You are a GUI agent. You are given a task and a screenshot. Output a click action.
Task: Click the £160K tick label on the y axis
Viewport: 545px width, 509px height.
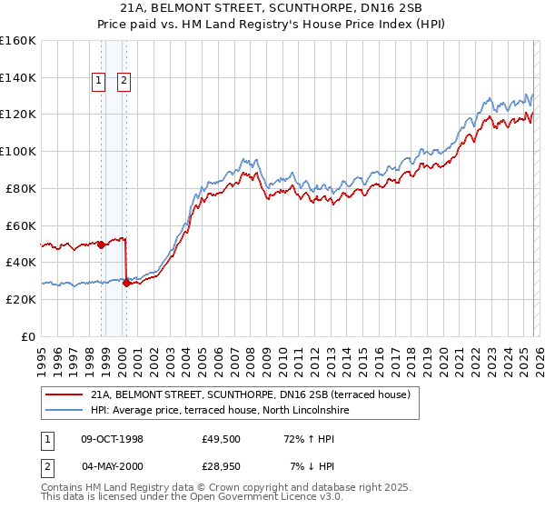click(18, 41)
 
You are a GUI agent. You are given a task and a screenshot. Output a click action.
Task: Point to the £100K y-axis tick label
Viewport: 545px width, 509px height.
click(18, 151)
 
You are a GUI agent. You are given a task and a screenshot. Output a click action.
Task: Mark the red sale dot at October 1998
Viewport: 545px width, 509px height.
click(101, 245)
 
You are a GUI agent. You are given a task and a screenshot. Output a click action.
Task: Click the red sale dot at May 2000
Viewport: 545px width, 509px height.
click(126, 283)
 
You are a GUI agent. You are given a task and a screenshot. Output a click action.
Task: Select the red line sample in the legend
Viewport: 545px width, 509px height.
click(64, 394)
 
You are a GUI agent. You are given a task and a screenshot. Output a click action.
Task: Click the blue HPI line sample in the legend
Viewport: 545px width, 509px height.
click(64, 410)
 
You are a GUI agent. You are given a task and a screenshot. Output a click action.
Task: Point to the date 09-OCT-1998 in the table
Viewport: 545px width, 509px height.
click(112, 439)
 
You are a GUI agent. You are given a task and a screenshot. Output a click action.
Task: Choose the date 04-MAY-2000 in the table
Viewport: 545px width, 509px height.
click(112, 466)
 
